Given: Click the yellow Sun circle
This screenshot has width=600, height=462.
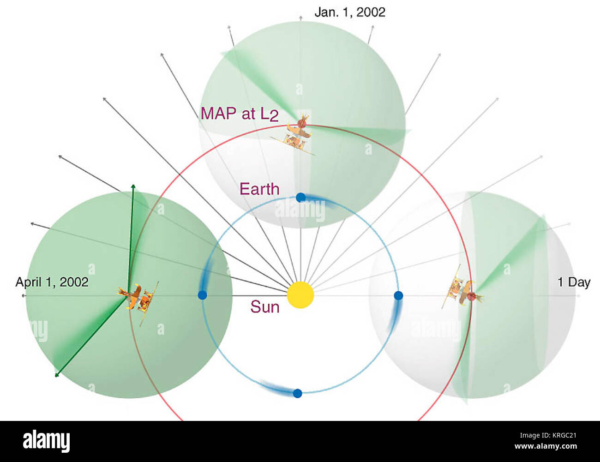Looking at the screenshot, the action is (300, 295).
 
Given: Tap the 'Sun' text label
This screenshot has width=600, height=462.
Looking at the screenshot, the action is (265, 307).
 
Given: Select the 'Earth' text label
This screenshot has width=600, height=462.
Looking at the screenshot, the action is (259, 189).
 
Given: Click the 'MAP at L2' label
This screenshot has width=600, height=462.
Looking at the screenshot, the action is (239, 114).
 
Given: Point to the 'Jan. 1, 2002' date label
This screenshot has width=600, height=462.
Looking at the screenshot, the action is (350, 12).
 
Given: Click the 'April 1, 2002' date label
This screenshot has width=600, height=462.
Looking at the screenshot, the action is (52, 282).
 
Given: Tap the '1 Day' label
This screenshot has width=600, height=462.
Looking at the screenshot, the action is (574, 282).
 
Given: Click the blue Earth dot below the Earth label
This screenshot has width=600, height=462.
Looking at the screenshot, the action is (300, 198).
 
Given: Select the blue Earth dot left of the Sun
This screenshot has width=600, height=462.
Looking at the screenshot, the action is (203, 295).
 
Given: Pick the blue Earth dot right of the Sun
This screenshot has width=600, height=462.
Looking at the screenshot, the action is (398, 295).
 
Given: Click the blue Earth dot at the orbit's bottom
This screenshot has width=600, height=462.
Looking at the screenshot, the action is (297, 393).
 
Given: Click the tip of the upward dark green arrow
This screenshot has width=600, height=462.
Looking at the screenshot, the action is (133, 184).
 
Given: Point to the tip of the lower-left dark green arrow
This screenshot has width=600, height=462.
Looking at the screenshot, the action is (56, 376).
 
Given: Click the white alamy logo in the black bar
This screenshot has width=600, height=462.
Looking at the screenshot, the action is (47, 441).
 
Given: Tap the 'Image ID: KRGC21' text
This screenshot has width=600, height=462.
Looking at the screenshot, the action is (548, 436).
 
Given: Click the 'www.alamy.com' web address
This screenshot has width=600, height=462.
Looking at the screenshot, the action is (546, 446).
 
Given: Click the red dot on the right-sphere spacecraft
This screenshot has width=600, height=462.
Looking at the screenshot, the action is (471, 297).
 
